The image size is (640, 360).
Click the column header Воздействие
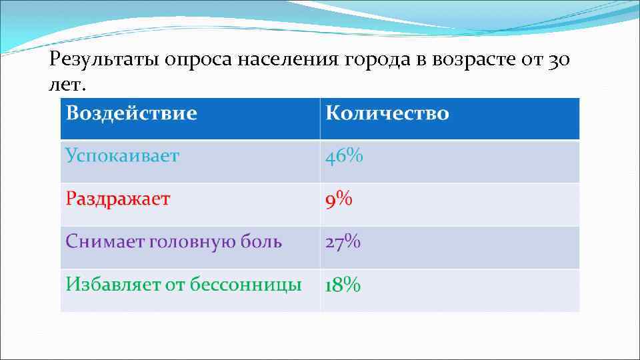point(131,113)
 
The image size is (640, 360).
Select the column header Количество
point(387,113)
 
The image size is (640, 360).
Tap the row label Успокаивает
point(122,156)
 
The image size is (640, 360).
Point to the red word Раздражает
point(117,199)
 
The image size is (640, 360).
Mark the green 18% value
point(343,285)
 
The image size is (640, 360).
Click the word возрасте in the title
point(472,61)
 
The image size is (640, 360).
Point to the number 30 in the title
point(559,61)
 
